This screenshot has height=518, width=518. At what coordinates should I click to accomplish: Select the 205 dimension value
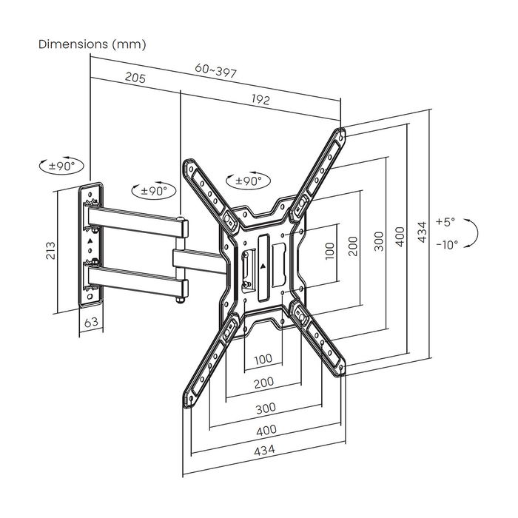135,78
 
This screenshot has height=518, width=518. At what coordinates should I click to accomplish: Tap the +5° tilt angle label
446,221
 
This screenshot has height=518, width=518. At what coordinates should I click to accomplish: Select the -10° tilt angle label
446,243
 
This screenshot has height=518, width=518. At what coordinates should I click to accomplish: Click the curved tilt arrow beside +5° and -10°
474,233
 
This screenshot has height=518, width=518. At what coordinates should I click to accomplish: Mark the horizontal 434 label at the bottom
264,450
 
